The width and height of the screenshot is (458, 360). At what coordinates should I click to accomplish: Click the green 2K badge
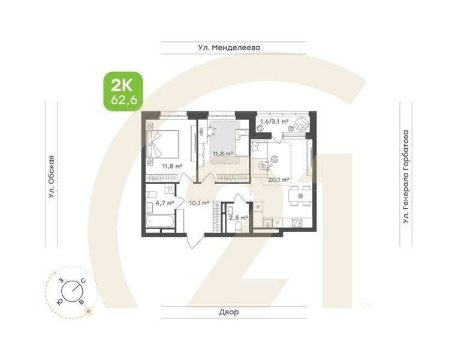point(122,91)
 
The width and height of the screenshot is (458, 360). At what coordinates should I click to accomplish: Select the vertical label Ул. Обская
point(52,176)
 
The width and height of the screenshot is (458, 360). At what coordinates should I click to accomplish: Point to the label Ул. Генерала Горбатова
point(406,177)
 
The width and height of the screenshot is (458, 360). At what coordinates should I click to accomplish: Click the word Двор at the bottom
point(229,312)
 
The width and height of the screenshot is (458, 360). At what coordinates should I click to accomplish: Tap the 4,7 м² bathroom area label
point(164,203)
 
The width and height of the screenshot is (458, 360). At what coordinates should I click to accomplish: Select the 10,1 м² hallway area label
point(198,203)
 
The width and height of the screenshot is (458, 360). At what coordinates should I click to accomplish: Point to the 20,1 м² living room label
point(279,179)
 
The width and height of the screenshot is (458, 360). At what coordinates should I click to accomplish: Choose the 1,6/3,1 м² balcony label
point(274,122)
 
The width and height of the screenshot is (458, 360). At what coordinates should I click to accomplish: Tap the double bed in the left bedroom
point(161,143)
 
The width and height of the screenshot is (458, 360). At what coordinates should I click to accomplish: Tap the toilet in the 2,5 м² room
point(238,227)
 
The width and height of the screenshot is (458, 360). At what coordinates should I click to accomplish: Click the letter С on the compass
point(83,279)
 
